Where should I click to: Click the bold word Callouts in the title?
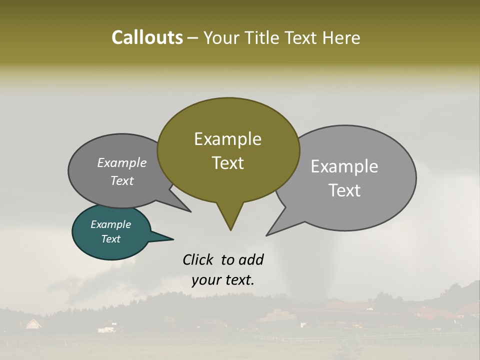(147, 37)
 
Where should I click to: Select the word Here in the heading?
(342, 37)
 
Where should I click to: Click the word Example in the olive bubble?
(227, 139)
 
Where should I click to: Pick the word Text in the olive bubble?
(227, 163)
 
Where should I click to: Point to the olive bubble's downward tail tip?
(230, 230)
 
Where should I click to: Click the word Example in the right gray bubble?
(344, 166)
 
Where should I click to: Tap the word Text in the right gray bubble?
(344, 190)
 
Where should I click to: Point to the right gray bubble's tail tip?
(267, 235)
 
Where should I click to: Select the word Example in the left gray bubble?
(121, 162)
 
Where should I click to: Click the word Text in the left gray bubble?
(121, 180)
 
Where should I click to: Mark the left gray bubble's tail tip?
(190, 211)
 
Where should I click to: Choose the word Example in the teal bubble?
(110, 224)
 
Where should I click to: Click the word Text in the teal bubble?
(110, 239)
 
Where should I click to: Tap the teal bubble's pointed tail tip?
(173, 239)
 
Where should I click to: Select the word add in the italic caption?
(251, 259)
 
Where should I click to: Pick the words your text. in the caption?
(223, 280)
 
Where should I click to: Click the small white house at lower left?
(33, 324)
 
